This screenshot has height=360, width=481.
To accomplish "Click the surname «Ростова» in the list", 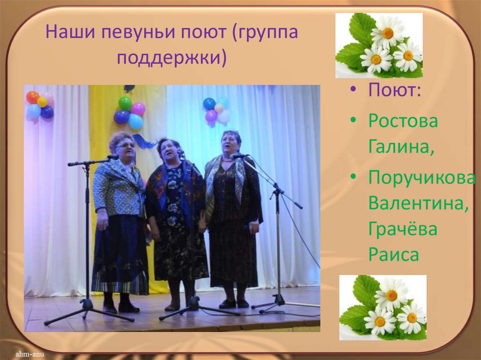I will point(403,122).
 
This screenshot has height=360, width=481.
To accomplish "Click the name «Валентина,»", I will point(419,204).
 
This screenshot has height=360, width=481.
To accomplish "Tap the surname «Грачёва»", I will point(403,230).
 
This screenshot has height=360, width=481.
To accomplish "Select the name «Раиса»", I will point(394,255).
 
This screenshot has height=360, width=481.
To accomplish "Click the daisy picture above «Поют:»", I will point(379,45).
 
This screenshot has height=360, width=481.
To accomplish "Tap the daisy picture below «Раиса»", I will point(383,307).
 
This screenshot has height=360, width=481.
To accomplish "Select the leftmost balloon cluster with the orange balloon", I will point(40,105).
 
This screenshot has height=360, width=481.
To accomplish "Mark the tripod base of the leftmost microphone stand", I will point(88,310).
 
